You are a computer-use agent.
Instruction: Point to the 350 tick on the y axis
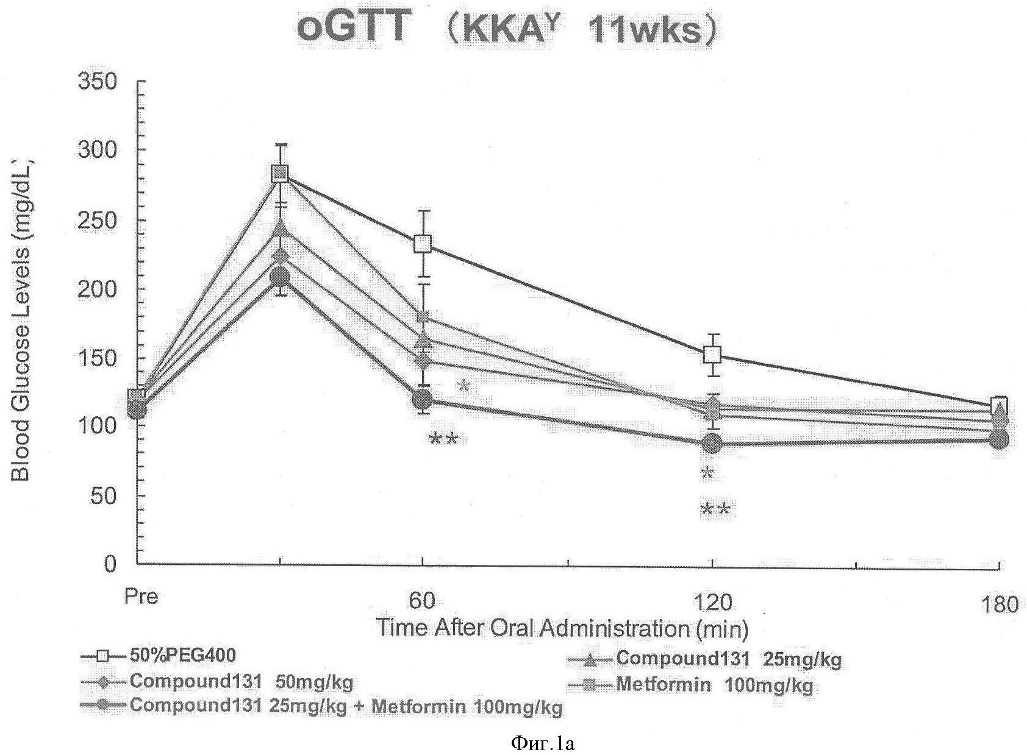(x=97, y=81)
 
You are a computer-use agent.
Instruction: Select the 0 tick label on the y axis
(x=110, y=564)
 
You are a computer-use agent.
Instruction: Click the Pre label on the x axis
(x=141, y=596)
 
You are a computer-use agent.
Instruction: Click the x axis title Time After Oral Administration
(x=561, y=628)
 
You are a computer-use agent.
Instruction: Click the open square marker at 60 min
(x=423, y=244)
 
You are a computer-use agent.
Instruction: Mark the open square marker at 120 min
(x=712, y=354)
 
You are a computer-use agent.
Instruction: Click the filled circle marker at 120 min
(x=712, y=444)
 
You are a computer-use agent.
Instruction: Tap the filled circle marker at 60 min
(x=422, y=400)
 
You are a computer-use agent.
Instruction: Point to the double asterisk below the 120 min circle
(x=715, y=509)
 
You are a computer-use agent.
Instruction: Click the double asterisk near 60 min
(x=443, y=439)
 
